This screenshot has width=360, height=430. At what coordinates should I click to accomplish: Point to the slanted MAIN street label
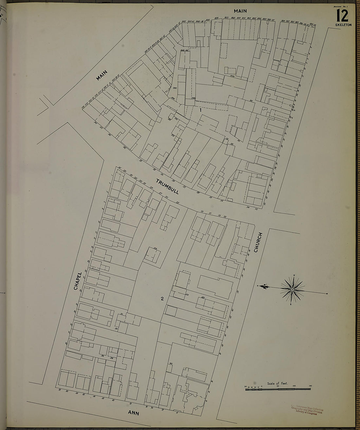click(x=102, y=76)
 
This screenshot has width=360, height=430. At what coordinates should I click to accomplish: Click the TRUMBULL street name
click(x=167, y=187)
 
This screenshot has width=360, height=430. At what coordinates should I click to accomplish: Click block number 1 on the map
click(x=200, y=110)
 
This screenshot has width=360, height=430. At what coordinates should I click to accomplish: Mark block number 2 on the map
click(x=162, y=298)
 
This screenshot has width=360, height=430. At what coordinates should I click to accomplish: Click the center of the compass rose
click(x=292, y=290)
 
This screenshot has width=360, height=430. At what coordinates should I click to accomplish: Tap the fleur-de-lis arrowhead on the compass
click(x=266, y=287)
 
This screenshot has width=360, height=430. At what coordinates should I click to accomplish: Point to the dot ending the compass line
click(x=327, y=293)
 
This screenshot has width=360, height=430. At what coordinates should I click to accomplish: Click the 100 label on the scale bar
click(x=294, y=386)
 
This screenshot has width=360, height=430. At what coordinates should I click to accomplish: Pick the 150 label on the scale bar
click(x=310, y=386)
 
